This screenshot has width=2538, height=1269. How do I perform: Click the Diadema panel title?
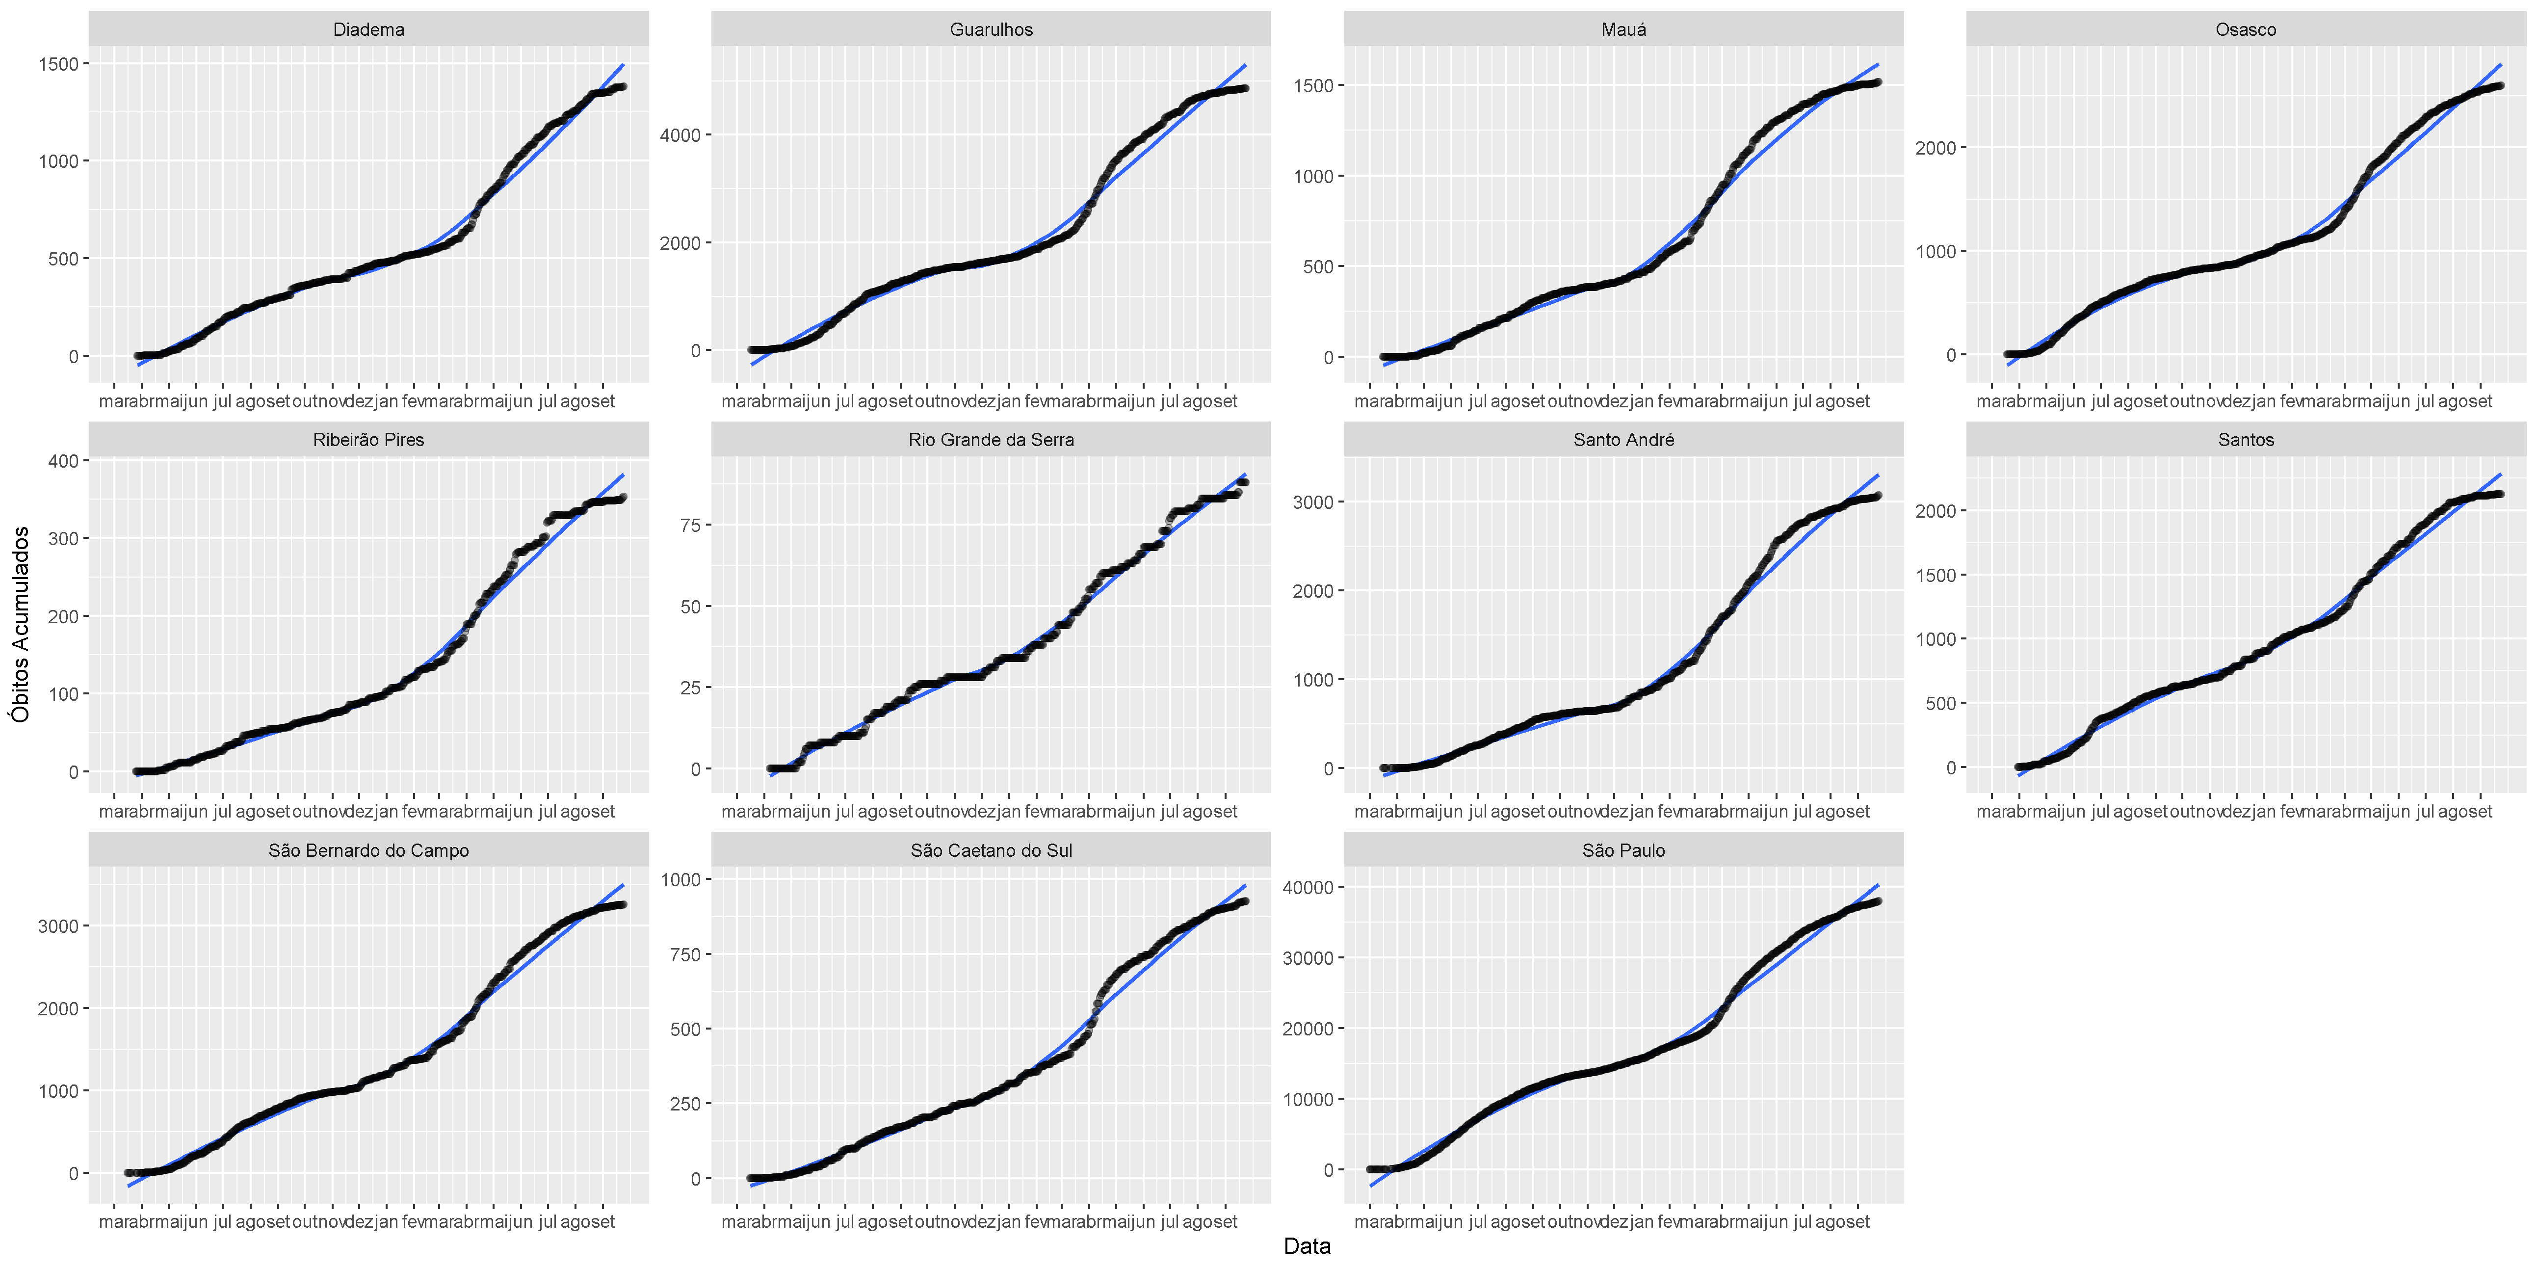coord(368,29)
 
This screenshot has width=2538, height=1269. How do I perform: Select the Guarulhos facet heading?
coord(991,29)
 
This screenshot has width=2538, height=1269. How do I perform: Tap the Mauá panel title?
coord(1623,29)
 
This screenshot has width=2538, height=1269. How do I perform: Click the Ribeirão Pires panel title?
coord(368,439)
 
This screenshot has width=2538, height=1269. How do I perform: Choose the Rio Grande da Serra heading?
coord(991,439)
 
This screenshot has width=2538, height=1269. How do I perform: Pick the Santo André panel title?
coord(1623,439)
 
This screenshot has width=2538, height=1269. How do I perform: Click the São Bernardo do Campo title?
coord(368,850)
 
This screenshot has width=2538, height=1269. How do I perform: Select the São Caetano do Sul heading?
coord(991,850)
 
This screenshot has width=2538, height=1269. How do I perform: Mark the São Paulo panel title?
coord(1623,850)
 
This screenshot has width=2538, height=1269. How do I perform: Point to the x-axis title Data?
coord(1307,1246)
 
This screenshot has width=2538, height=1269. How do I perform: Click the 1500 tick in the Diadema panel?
coord(58,64)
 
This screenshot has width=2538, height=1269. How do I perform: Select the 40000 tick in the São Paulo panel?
coord(1308,888)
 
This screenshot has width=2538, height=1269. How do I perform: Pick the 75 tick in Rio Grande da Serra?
coord(690,526)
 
